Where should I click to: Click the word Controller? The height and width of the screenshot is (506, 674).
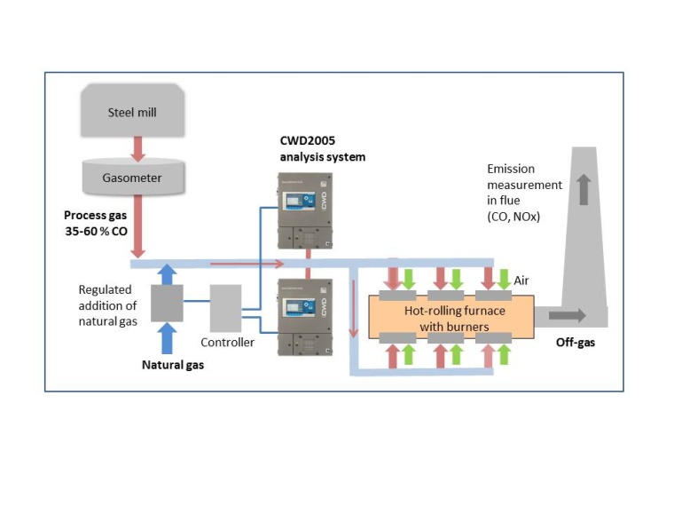click(227, 342)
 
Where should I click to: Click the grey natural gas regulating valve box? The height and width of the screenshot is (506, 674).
click(166, 303)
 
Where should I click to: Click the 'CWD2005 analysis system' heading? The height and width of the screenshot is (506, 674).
click(317, 149)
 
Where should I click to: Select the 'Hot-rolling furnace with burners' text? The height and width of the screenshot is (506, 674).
click(443, 317)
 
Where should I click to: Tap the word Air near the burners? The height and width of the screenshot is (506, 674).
click(521, 280)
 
